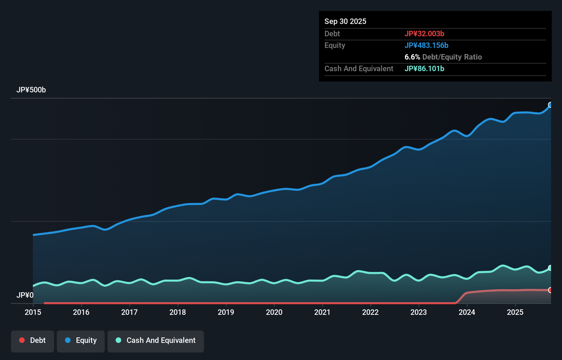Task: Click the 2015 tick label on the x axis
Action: tap(33, 312)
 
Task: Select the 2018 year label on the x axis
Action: tap(178, 312)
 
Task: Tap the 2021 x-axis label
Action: tap(322, 312)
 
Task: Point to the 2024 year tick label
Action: tap(467, 312)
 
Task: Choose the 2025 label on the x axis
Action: tap(515, 312)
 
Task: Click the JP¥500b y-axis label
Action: tap(31, 90)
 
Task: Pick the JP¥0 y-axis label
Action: tap(25, 295)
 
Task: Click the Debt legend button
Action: tap(33, 340)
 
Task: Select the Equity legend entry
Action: tap(81, 340)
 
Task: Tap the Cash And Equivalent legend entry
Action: tap(156, 340)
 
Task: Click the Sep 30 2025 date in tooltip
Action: tap(345, 22)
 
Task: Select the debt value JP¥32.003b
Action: tap(424, 34)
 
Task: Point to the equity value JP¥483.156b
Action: tap(426, 46)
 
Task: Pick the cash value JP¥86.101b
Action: tap(424, 69)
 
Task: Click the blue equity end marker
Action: tap(550, 105)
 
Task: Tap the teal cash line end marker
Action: tap(550, 268)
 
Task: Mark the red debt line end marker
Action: tap(550, 290)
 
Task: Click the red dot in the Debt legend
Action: tap(22, 340)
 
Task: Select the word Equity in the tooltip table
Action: tap(335, 46)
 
